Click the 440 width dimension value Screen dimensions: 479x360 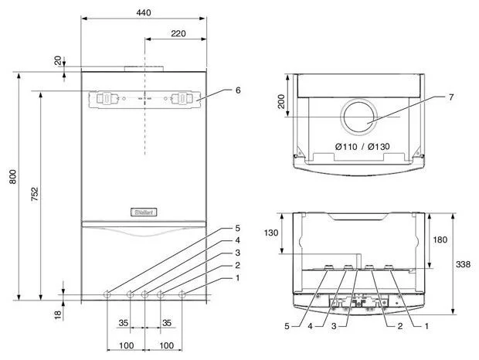point(144,12)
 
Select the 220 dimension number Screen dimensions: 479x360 point(178,33)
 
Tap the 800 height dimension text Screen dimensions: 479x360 point(13,176)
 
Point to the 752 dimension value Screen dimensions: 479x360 point(35,194)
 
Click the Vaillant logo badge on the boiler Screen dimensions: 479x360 point(144,212)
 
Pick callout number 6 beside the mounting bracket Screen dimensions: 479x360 point(238,90)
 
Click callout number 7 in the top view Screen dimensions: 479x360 point(451,97)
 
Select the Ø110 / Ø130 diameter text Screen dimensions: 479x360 point(362,147)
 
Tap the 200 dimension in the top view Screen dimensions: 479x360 point(281,101)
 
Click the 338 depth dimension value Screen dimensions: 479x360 point(463,264)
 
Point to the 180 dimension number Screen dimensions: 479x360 point(440,239)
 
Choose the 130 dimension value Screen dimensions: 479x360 point(271,233)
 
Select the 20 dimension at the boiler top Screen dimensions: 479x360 point(58,60)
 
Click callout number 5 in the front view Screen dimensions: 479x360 point(238,228)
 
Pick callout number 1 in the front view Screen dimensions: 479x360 point(238,278)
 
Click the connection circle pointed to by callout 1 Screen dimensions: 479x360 point(182,295)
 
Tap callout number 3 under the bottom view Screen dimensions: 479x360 point(334,326)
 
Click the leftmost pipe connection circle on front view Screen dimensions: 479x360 point(107,295)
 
